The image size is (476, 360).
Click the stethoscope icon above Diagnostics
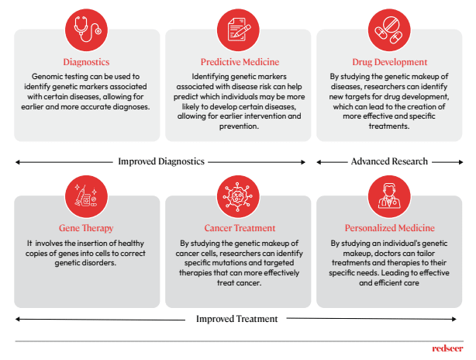click(x=86, y=29)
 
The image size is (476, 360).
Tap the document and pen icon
click(x=238, y=29)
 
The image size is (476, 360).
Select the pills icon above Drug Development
click(x=389, y=29)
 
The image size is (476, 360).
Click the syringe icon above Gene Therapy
click(x=86, y=196)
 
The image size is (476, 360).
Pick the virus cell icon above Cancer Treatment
click(x=238, y=196)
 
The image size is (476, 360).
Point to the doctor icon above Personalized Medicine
click(x=389, y=196)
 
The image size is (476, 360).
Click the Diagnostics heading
click(x=86, y=62)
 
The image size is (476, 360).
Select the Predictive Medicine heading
click(x=240, y=62)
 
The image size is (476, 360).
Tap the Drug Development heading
click(x=390, y=62)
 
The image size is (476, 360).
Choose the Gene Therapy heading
click(x=86, y=228)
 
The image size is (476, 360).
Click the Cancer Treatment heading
click(x=240, y=228)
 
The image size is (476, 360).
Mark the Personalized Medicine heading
click(x=390, y=228)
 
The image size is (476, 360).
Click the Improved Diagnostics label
click(x=161, y=161)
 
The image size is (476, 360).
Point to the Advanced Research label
click(x=389, y=161)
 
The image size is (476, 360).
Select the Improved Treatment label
click(x=236, y=319)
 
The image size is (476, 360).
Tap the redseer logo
click(x=448, y=348)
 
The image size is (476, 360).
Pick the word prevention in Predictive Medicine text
click(x=239, y=126)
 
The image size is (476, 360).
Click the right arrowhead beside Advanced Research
click(x=461, y=162)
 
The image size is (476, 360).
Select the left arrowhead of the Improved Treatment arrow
click(x=18, y=319)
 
